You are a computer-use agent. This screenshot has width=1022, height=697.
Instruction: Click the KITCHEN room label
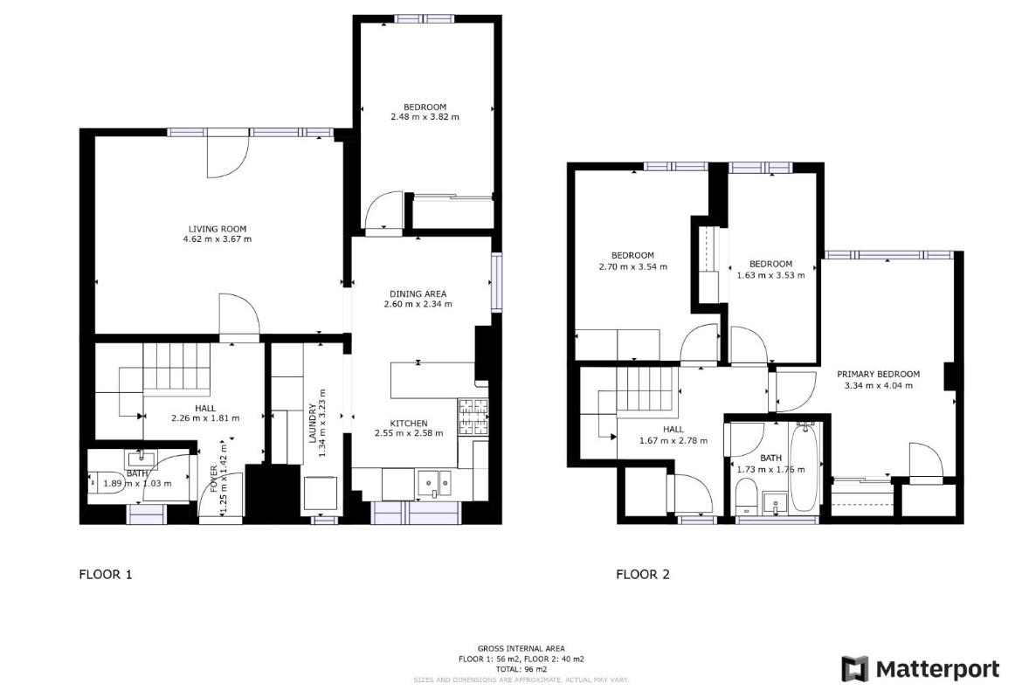click(x=408, y=423)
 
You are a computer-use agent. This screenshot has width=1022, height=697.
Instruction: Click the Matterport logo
click(x=921, y=669)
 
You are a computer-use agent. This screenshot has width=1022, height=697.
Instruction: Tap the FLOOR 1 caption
click(x=106, y=575)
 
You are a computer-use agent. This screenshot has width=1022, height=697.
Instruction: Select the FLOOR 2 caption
click(x=643, y=575)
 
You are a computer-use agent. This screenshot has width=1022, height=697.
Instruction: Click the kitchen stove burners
click(x=473, y=416)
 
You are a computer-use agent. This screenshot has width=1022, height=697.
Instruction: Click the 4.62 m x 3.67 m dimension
click(x=218, y=238)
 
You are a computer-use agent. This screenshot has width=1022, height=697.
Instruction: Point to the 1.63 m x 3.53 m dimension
click(x=770, y=274)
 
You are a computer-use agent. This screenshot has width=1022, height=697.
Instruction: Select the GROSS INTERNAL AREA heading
click(x=521, y=649)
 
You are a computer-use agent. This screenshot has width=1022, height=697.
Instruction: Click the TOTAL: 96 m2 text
click(x=521, y=668)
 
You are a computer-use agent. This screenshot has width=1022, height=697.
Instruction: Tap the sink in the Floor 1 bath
click(x=141, y=459)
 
